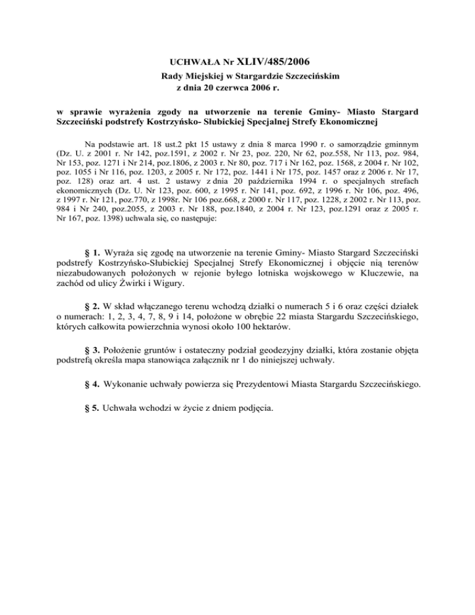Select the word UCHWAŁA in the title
(189, 62)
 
